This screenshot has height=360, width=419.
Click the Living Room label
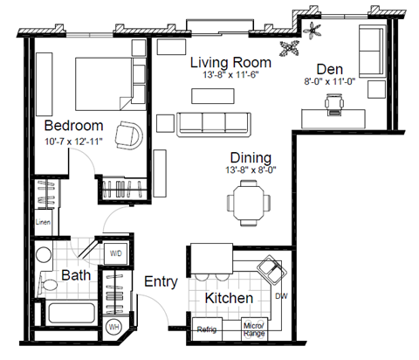(x=230, y=63)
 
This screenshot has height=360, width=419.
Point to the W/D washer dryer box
(x=115, y=253)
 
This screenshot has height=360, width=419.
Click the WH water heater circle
(x=113, y=327)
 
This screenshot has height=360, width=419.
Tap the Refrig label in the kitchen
(x=207, y=329)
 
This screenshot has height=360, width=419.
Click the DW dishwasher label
(x=281, y=297)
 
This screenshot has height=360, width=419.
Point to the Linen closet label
(x=43, y=223)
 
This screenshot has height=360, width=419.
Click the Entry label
(x=161, y=282)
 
